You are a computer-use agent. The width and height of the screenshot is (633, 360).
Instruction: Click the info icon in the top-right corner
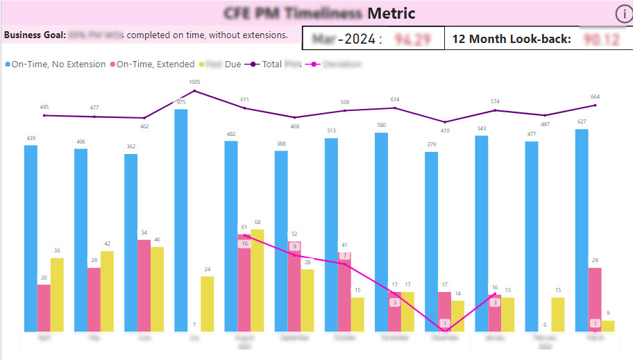tap(623, 14)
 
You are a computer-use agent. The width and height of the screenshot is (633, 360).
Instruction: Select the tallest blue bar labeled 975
tap(180, 220)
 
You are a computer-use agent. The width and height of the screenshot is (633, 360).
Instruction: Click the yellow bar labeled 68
tap(257, 280)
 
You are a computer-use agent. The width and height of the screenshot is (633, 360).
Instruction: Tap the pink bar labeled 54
tap(144, 285)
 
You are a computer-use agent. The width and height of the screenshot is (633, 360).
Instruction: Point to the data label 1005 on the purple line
tap(194, 83)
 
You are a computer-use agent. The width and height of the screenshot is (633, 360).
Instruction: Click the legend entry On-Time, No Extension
tap(56, 65)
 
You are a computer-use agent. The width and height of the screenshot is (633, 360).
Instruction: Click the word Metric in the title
tap(391, 13)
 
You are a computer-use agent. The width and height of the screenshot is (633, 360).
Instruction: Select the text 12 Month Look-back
tap(511, 39)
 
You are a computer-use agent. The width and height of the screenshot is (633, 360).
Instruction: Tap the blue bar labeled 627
tap(582, 230)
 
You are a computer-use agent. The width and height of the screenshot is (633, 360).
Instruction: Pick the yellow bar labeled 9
tap(608, 325)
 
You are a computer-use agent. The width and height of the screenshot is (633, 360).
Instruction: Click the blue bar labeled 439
tap(31, 238)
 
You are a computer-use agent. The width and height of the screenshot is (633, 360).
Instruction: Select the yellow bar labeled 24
tap(207, 303)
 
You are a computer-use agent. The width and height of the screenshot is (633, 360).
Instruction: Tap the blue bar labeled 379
tap(431, 241)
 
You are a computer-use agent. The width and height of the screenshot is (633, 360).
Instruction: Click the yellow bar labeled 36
tap(57, 294)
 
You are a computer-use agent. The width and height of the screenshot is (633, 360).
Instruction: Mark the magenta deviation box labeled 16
tap(244, 243)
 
